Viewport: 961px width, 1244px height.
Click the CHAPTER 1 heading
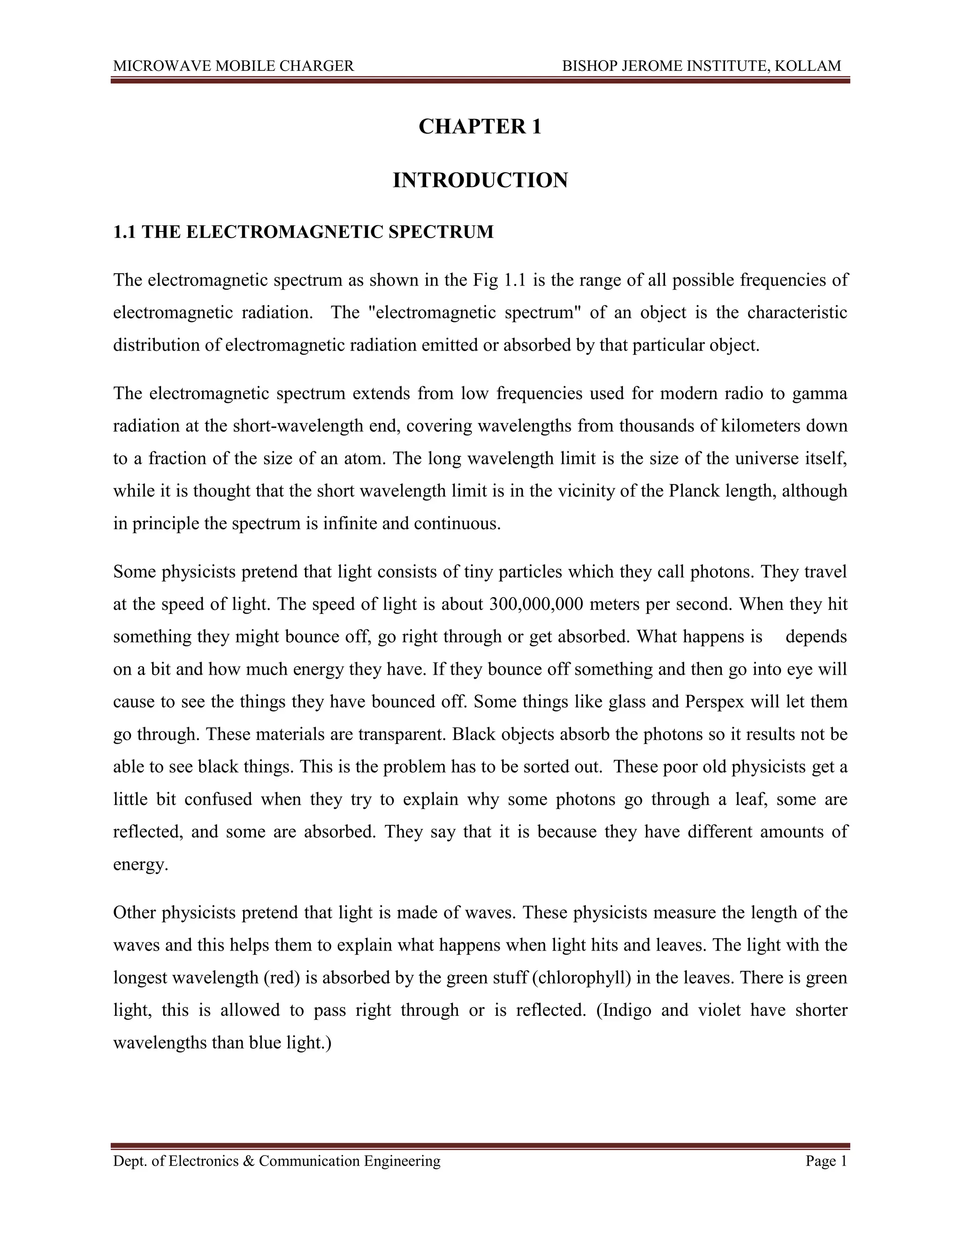tap(480, 126)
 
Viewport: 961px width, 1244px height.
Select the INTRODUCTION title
tap(480, 181)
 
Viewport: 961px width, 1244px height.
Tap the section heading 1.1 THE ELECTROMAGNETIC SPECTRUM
tap(304, 232)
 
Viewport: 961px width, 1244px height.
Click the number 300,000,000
tap(536, 604)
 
